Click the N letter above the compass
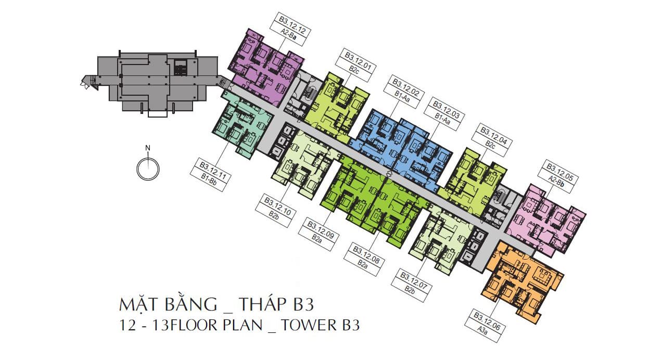(x=148, y=148)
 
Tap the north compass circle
(x=148, y=170)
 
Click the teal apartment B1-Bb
(x=242, y=124)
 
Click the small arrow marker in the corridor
(x=389, y=173)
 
